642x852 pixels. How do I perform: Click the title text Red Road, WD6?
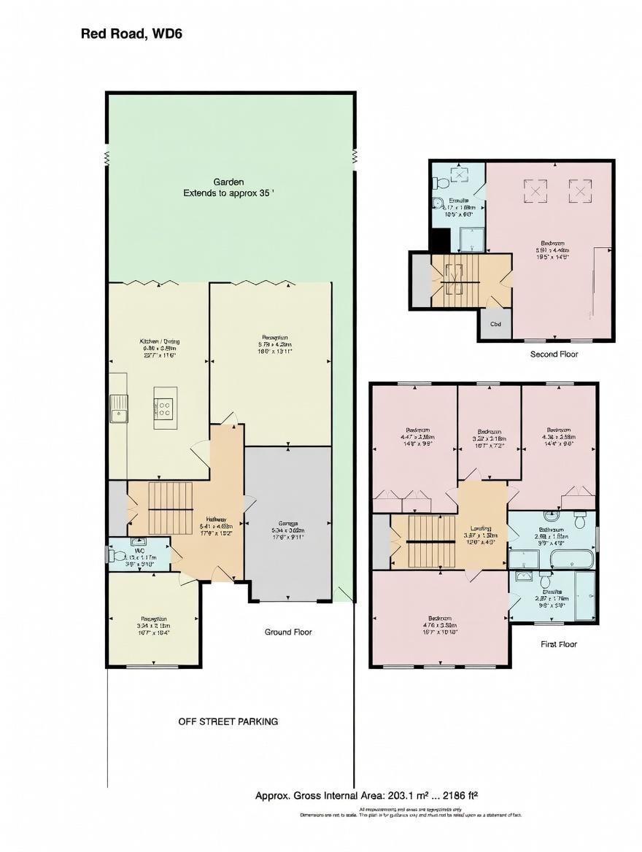[x=131, y=34]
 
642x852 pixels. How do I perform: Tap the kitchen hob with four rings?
[x=163, y=408]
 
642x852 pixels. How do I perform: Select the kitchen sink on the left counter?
[x=118, y=408]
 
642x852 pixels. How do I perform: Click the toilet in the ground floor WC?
[x=118, y=555]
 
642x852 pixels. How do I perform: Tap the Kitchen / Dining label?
[x=159, y=341]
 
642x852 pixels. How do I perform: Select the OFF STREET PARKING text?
[x=228, y=721]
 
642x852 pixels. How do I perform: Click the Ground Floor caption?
[x=287, y=632]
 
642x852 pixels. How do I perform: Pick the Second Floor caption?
[x=554, y=354]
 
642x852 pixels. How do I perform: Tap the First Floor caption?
[x=559, y=644]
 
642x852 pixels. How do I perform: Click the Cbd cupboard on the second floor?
[x=495, y=325]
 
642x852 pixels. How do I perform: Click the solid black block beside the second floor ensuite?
[x=440, y=240]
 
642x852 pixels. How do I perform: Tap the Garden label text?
[x=228, y=182]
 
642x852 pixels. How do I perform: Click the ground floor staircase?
[x=170, y=507]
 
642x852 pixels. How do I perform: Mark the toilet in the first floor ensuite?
[x=544, y=581]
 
